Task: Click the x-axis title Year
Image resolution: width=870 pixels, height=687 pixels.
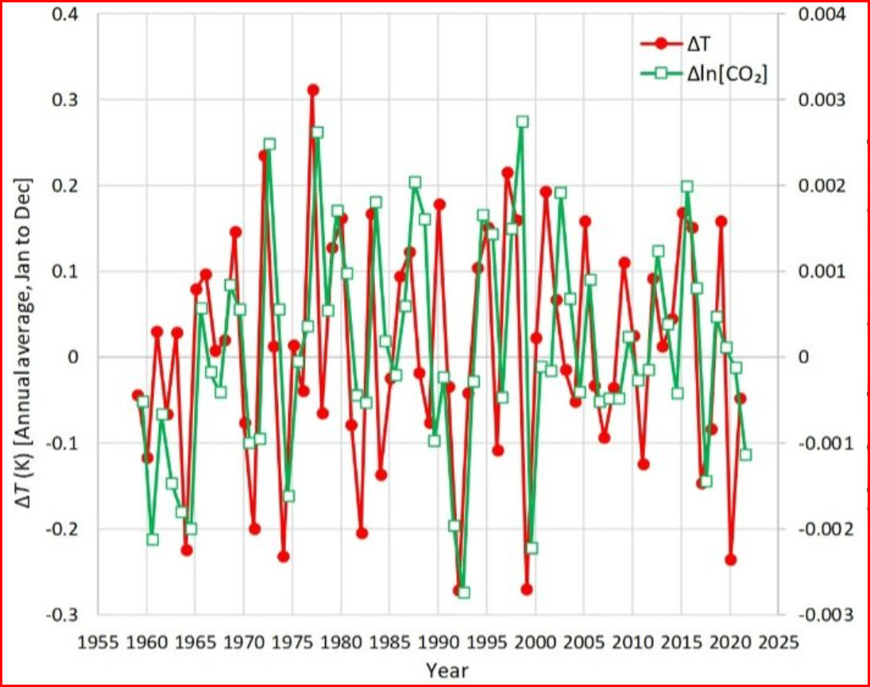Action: (447, 670)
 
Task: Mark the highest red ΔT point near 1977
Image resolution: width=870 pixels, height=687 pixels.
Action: (313, 90)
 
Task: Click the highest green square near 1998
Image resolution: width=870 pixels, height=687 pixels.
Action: (522, 122)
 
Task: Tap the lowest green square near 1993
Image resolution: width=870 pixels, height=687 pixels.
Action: (464, 592)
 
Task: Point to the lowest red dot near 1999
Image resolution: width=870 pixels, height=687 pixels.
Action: (527, 589)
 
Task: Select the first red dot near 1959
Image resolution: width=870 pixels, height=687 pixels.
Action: (137, 395)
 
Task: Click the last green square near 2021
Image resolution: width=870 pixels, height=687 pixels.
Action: (745, 454)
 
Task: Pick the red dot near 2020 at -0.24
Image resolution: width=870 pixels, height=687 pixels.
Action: (731, 560)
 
